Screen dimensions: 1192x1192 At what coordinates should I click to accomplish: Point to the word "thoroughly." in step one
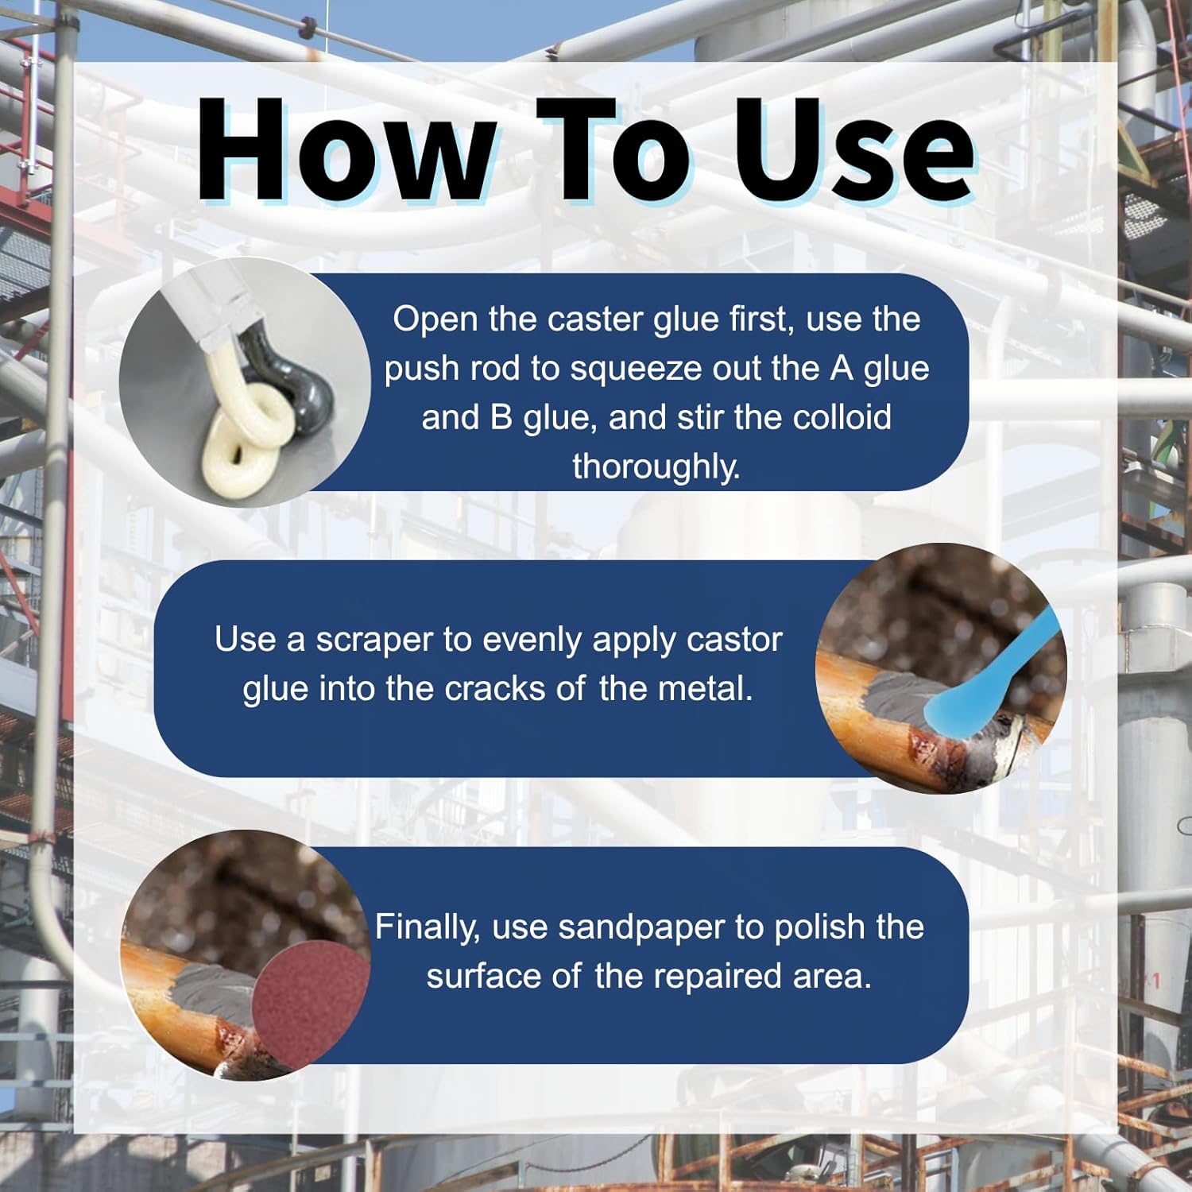click(x=656, y=466)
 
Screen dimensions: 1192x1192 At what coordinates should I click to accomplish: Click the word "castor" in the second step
click(x=735, y=641)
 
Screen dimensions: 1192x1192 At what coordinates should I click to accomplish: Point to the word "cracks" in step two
click(x=495, y=689)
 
